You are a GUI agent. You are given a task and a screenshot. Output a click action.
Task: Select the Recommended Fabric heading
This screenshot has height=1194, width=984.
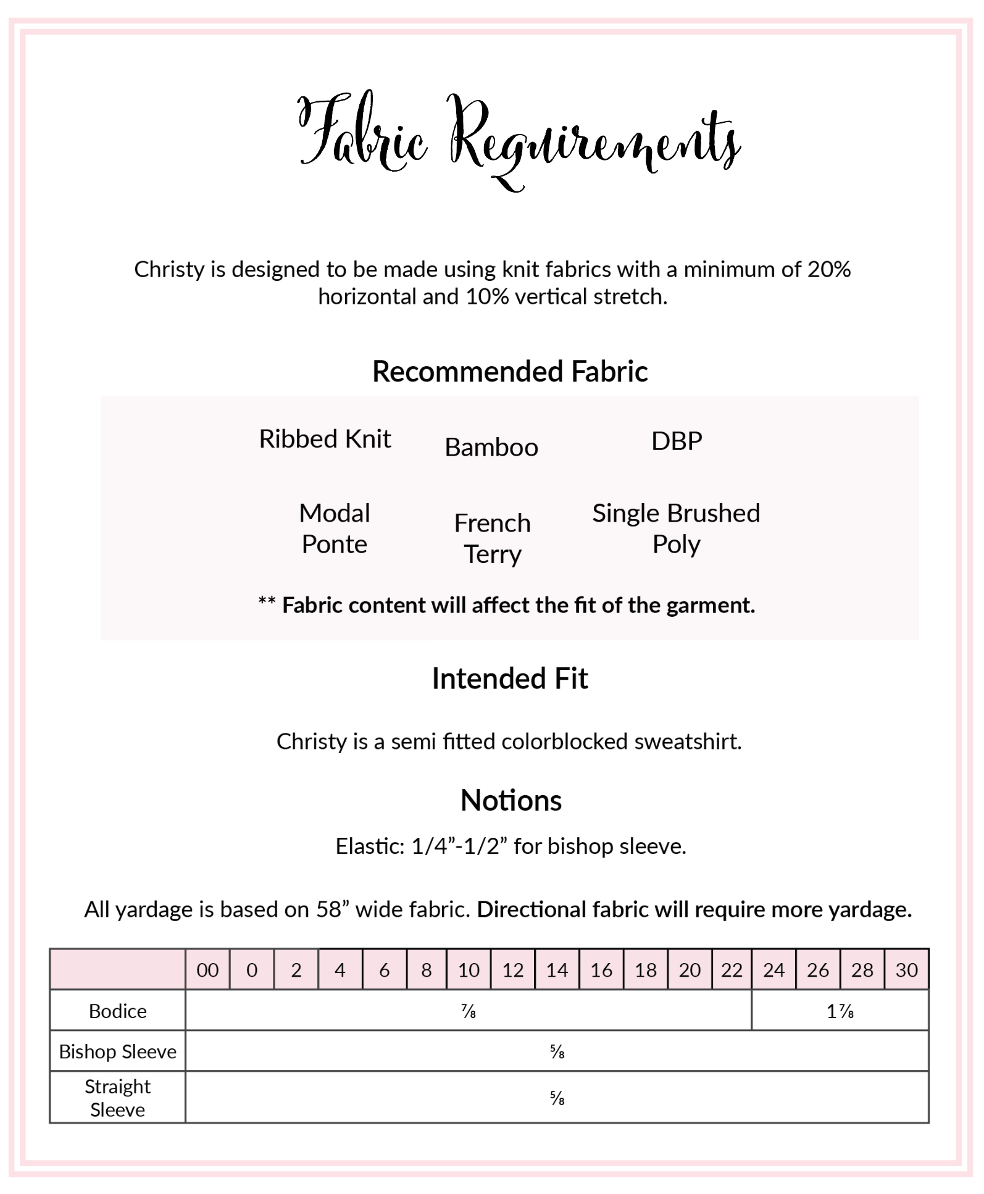point(510,372)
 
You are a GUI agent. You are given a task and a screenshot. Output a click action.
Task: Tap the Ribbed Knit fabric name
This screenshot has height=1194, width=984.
point(325,439)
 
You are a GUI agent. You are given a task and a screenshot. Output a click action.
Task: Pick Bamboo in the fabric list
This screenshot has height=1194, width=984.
point(491,447)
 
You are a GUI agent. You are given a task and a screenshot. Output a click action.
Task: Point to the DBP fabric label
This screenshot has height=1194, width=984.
point(677,441)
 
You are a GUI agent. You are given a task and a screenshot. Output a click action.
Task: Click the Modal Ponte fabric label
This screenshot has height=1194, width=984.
point(334,528)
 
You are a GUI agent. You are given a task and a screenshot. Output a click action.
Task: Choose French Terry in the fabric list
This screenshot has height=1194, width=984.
point(492,538)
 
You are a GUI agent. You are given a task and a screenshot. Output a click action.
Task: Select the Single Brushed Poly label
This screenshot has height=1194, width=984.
point(676,528)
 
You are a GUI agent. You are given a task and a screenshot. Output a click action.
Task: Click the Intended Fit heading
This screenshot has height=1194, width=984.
point(510,678)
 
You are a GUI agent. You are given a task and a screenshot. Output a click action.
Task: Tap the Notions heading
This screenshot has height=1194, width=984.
point(511,801)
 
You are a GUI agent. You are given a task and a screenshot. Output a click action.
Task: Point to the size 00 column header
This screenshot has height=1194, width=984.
point(207,970)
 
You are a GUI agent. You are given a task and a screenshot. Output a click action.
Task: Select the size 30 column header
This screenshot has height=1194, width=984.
point(906,970)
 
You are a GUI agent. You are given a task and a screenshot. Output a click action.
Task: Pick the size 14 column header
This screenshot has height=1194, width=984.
point(557,970)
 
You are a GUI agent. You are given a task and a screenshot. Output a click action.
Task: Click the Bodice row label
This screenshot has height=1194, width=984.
point(117,1011)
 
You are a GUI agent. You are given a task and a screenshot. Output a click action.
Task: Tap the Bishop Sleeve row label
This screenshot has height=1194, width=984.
point(117,1051)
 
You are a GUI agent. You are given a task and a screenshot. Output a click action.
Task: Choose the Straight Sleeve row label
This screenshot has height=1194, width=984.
point(117,1098)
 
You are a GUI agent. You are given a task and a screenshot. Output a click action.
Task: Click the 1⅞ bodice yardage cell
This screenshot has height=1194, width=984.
point(840,1011)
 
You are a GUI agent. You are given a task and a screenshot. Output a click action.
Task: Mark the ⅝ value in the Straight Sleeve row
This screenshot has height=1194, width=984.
point(557,1098)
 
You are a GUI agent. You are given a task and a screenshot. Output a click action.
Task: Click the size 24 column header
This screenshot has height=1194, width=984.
point(773,970)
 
